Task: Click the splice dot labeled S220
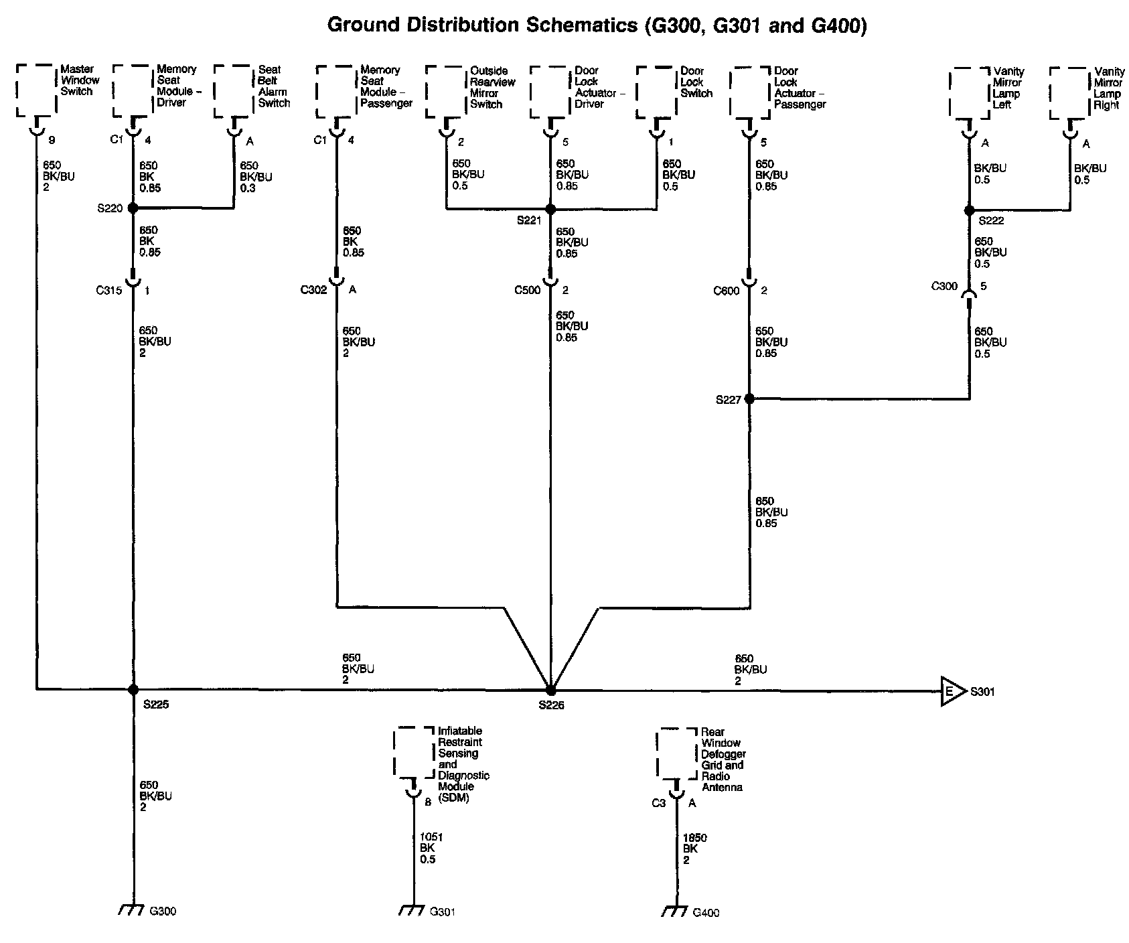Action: pos(133,208)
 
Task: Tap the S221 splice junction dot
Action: pos(550,210)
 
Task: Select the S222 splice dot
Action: pos(969,210)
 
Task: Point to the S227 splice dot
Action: pos(749,399)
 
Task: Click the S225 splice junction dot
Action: pos(133,689)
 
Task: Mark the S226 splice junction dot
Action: pos(550,690)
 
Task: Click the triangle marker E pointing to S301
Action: pos(951,691)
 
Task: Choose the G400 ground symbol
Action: pos(674,911)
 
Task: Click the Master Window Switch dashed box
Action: pos(36,90)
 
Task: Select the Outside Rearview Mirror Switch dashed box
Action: pos(445,92)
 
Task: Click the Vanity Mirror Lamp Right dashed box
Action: pos(1069,93)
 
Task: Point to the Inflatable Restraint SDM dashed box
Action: pos(413,753)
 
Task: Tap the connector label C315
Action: pos(108,291)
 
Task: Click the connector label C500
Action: pos(527,291)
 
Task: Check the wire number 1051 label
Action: pos(431,837)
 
